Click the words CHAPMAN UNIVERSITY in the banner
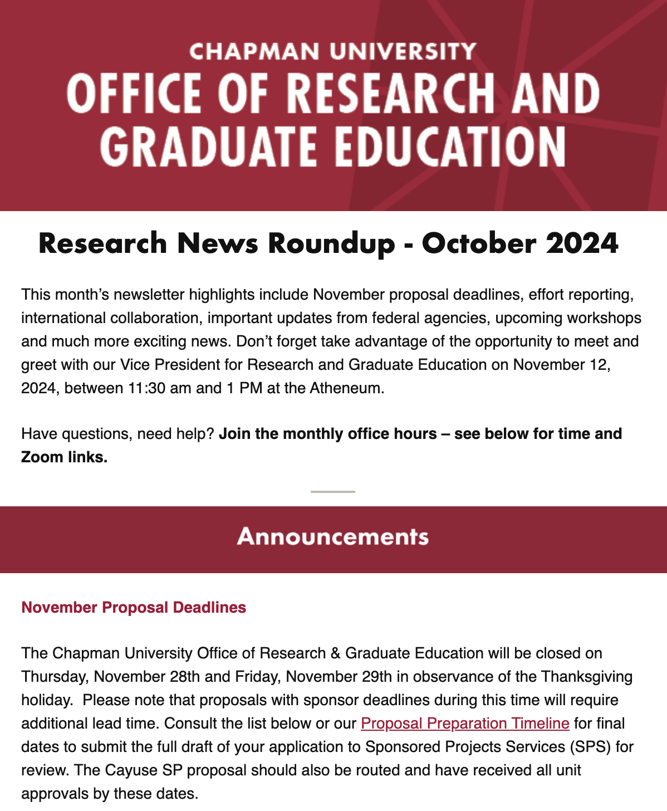pyautogui.click(x=332, y=51)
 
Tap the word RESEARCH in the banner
pyautogui.click(x=390, y=93)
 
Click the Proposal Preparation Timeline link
pyautogui.click(x=465, y=724)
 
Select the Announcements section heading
pyautogui.click(x=333, y=537)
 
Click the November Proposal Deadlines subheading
pyautogui.click(x=134, y=607)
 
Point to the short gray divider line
pyautogui.click(x=333, y=492)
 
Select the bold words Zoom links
pyautogui.click(x=64, y=457)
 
